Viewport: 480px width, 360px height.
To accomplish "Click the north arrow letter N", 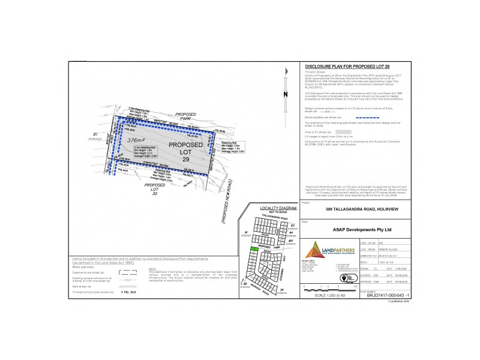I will (286, 95).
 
